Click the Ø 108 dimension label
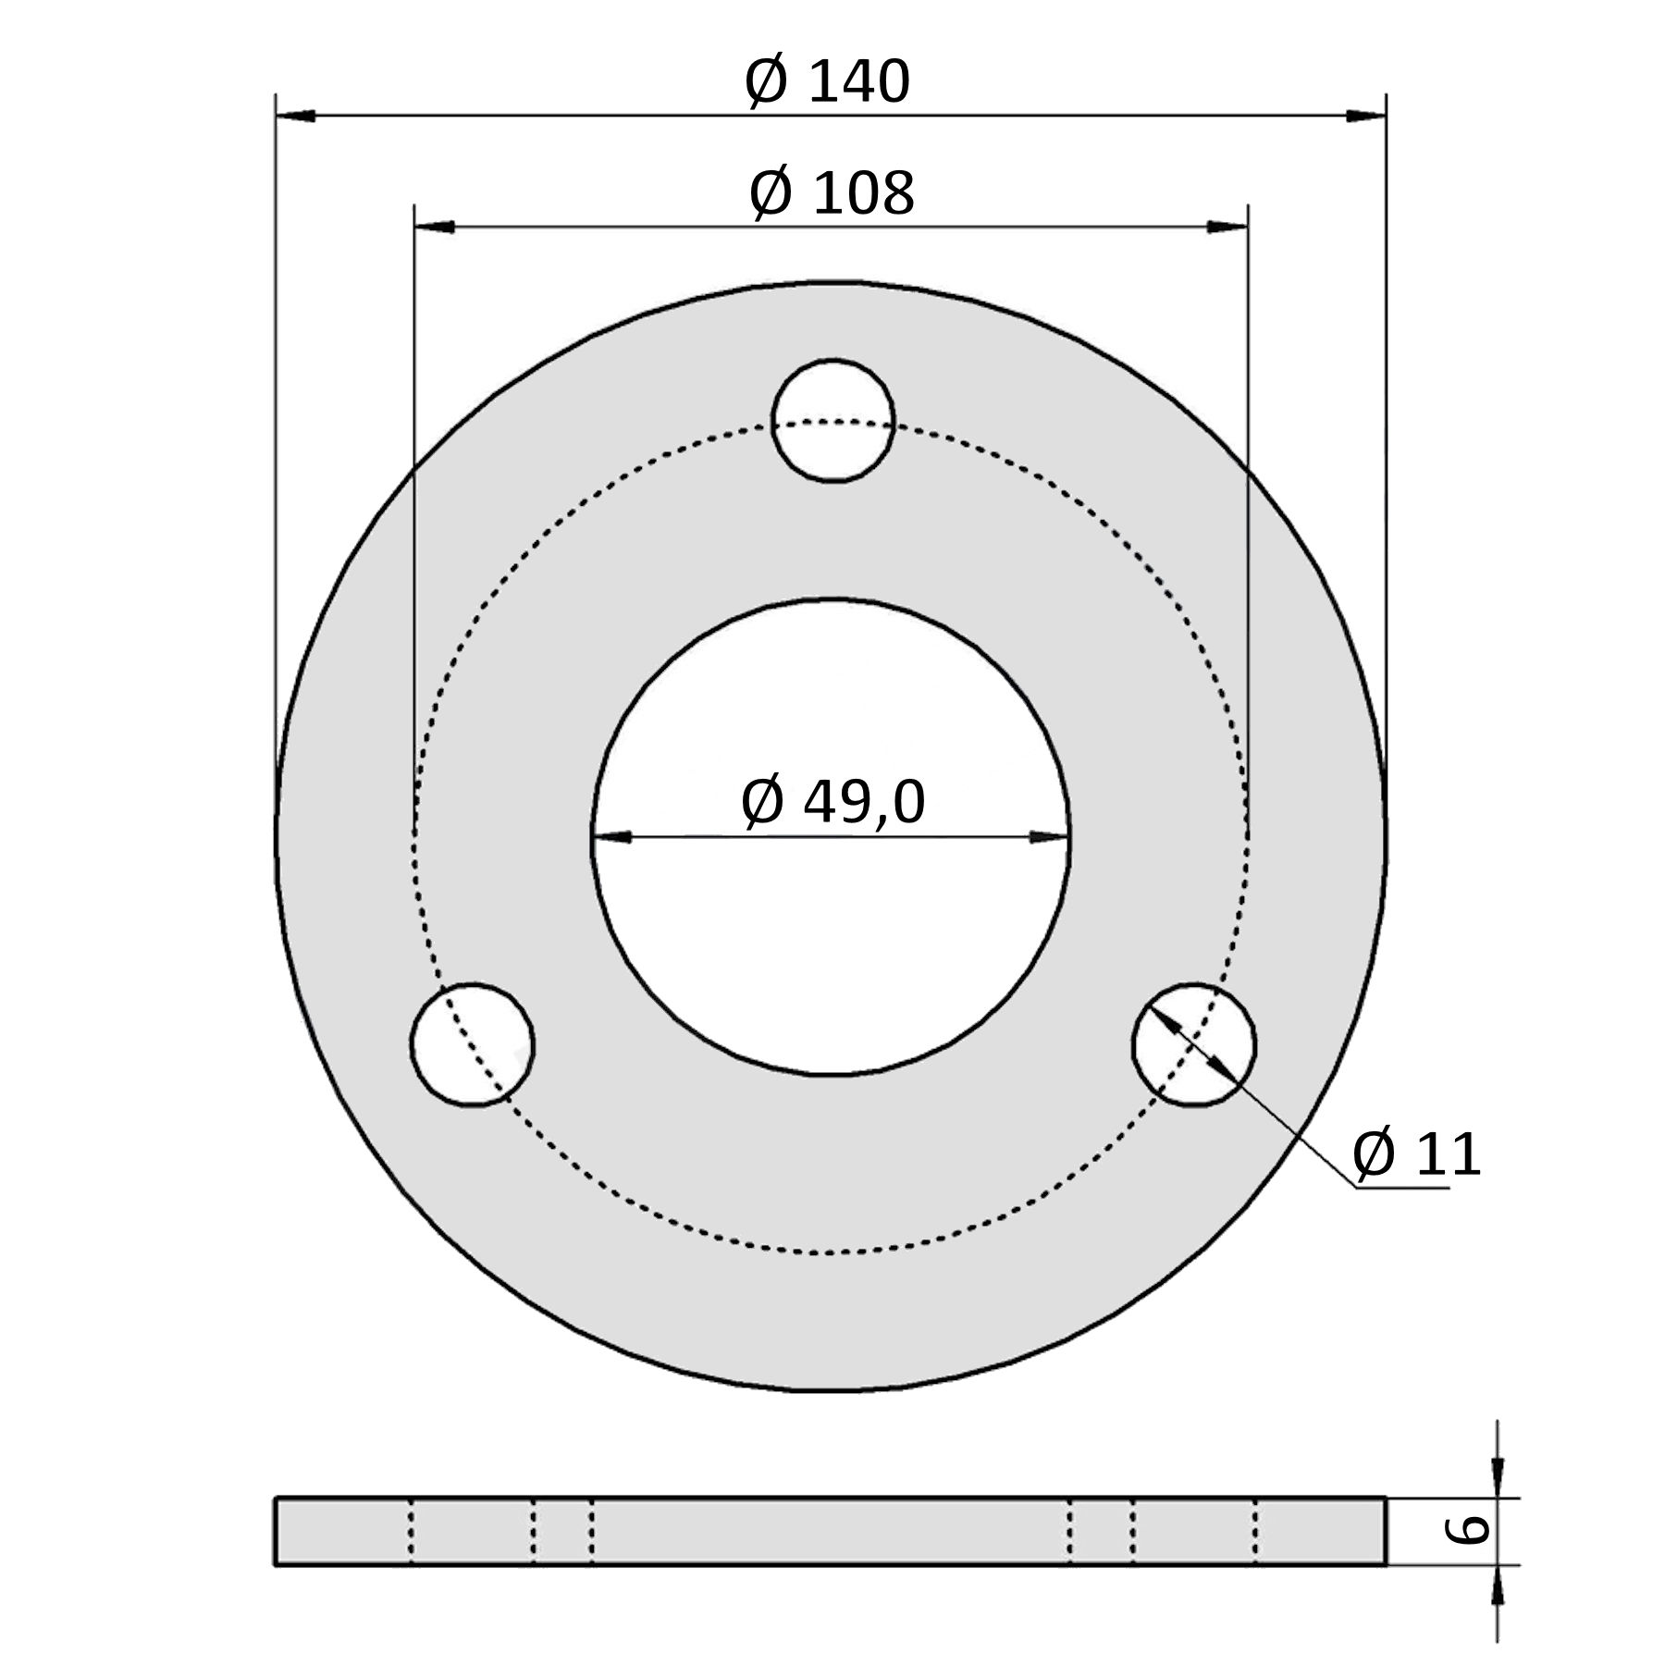(831, 194)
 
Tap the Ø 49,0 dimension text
(832, 802)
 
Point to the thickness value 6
(1467, 1530)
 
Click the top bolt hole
(832, 421)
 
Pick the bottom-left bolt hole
(473, 1044)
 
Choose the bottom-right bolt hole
(1194, 1044)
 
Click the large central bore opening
(831, 925)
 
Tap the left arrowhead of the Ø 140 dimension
(296, 116)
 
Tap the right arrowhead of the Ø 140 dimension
(1365, 116)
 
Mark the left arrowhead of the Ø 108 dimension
(435, 227)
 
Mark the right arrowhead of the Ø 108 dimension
(1227, 227)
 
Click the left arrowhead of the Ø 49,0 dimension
(612, 837)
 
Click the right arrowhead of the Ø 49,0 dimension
(1049, 837)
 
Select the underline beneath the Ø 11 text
(1401, 1187)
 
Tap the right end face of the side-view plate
(1385, 1531)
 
